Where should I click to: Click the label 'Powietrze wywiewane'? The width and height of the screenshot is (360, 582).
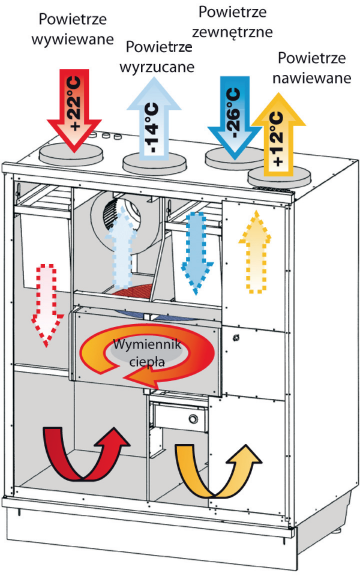coord(73,29)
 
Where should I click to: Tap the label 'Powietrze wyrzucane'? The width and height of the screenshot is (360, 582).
coord(157,57)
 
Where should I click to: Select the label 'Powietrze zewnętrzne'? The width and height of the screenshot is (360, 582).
coord(232,22)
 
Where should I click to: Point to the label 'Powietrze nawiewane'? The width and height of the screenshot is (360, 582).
coord(312,68)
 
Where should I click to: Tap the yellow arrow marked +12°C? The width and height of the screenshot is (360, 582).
coord(278,134)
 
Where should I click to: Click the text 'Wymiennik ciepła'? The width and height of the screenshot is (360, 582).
coord(147,353)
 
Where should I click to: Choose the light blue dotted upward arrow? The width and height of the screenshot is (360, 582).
coord(121,248)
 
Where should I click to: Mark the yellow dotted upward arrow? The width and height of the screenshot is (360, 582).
coord(254,252)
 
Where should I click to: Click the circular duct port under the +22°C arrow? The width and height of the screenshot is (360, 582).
coord(71,154)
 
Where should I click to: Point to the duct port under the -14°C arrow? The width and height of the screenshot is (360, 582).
coord(154,163)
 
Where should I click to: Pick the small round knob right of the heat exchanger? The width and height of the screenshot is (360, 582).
coord(235,338)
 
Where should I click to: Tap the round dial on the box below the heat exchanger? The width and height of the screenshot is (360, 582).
coord(193,419)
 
